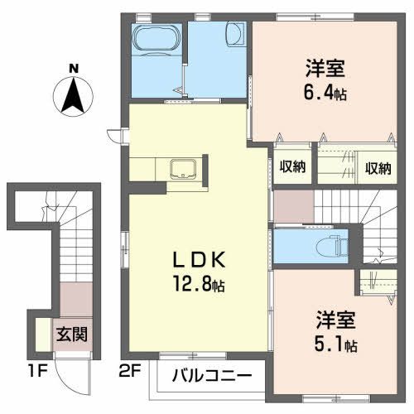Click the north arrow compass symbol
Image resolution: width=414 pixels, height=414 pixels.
pyautogui.click(x=74, y=94)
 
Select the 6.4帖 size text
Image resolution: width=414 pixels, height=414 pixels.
pyautogui.click(x=318, y=93)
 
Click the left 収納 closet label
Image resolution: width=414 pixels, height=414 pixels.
pyautogui.click(x=291, y=167)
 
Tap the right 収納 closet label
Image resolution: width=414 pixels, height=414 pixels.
pyautogui.click(x=376, y=167)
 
